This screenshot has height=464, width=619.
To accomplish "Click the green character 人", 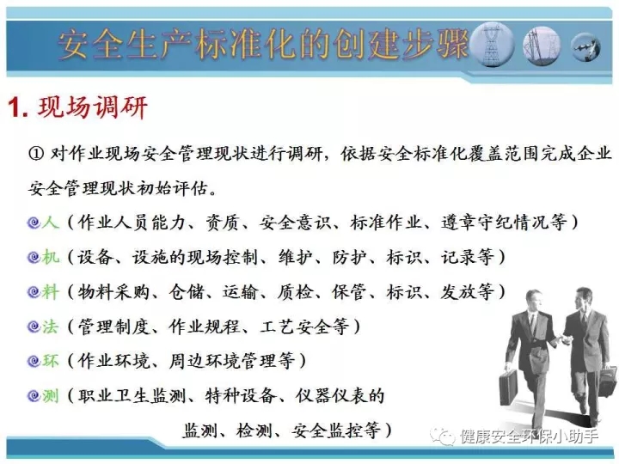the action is tap(51, 223).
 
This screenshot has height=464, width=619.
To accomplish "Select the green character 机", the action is tap(51, 257).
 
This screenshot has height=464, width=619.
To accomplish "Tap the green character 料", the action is tap(51, 292).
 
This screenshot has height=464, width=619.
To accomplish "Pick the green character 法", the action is tap(51, 327).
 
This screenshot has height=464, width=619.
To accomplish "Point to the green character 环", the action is tap(51, 361).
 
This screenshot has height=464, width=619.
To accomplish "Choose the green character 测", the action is tap(51, 396).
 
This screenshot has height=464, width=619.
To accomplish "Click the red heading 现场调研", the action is tap(93, 107).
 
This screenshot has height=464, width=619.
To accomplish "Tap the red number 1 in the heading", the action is tap(15, 107).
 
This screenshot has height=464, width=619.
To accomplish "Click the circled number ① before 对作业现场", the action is tap(36, 154).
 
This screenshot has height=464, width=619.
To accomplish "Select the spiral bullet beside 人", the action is tap(34, 223).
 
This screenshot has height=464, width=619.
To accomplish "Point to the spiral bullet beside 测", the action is tap(34, 396).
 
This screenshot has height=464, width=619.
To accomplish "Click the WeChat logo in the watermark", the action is tap(442, 437).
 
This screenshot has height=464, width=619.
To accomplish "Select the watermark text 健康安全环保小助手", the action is tap(529, 437).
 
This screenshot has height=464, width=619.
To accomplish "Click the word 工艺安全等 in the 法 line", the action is tap(304, 327).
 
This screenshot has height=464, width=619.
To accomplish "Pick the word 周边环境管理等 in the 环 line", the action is tap(232, 361).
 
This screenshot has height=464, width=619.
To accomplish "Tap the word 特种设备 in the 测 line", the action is tap(240, 396).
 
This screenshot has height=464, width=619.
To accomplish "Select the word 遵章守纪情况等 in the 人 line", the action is tap(504, 223).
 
